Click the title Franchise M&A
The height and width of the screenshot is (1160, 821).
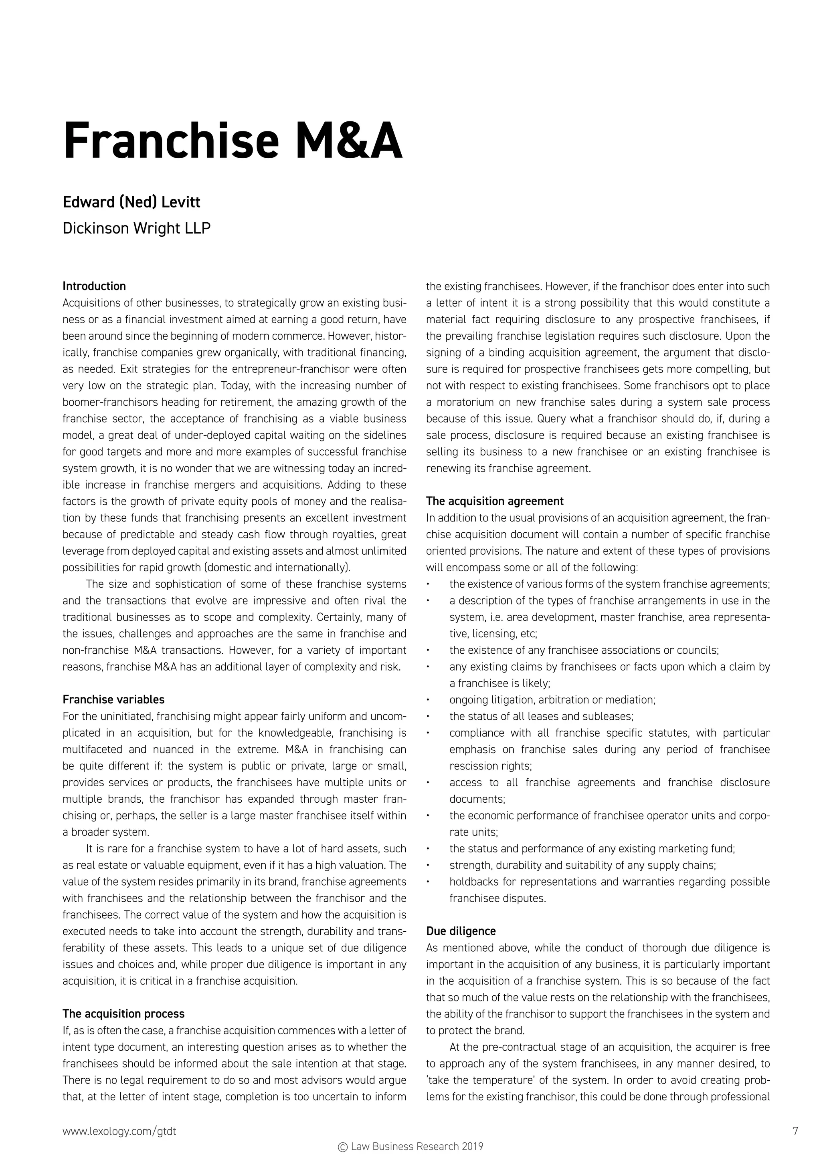(x=232, y=141)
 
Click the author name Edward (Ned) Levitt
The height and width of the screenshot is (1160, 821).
(x=131, y=202)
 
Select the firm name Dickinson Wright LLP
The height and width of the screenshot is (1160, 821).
(x=136, y=228)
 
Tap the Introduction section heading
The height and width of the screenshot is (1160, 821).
(x=94, y=286)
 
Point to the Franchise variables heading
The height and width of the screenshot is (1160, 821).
(x=113, y=700)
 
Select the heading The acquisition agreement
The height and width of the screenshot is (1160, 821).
(x=494, y=501)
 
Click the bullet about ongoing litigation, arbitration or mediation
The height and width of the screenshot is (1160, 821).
(x=552, y=700)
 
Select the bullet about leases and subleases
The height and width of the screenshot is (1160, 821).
(x=541, y=717)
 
